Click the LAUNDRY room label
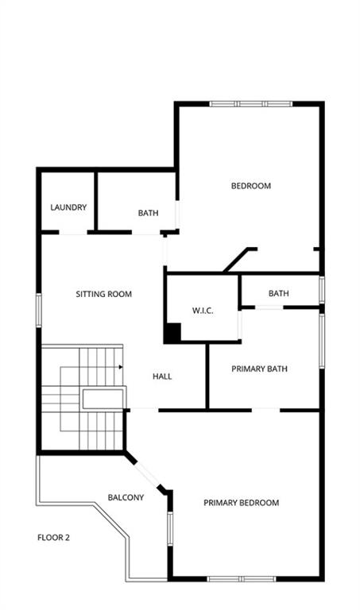point(68,207)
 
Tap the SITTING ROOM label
point(104,294)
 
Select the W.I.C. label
point(203,311)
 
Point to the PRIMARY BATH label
point(260,369)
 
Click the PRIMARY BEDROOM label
point(242,503)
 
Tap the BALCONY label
point(126,497)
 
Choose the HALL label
point(162,376)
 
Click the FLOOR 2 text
point(53,538)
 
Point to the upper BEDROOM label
point(251,186)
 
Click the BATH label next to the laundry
point(149,213)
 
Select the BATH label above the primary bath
point(279,293)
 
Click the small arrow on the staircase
point(121,367)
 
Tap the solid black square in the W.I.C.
point(172,333)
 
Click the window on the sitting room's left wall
point(39,310)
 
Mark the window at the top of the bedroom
point(251,104)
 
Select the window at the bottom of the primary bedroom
point(242,579)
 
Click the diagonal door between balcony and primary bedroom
point(147,473)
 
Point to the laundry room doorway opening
point(73,233)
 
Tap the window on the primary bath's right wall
point(322,342)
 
